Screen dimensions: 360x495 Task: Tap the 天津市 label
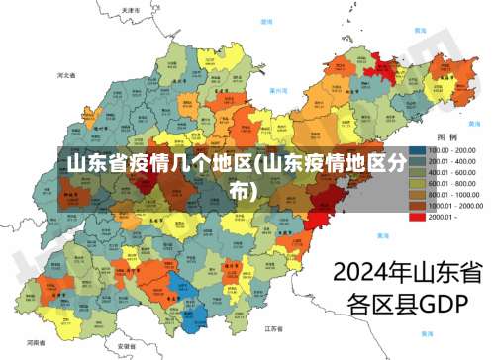tap(131, 10)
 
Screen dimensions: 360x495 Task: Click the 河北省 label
tap(67, 75)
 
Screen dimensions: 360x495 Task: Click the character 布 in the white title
tap(241, 188)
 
